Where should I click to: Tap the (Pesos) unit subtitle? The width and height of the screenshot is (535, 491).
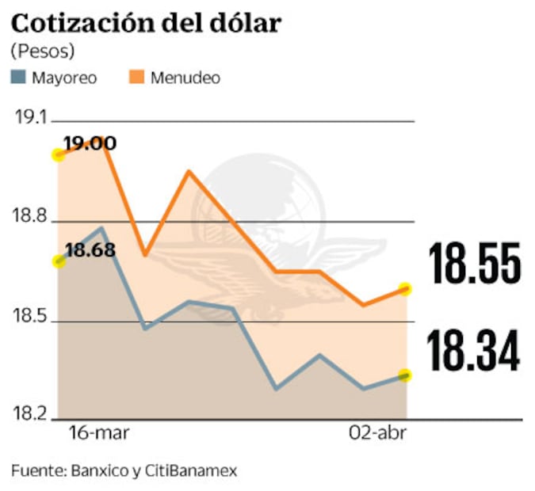pos(43,51)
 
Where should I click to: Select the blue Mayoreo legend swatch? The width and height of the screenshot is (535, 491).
pos(20,78)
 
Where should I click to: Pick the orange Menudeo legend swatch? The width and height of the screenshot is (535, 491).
pos(136,78)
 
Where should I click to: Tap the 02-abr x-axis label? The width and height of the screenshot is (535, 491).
pos(376,434)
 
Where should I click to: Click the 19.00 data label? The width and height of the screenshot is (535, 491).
pos(90,143)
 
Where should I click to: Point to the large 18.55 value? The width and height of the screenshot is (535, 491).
pos(474,265)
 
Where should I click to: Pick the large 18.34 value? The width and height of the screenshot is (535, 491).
pos(474,352)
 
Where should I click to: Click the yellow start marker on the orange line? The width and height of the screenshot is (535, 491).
pos(57,154)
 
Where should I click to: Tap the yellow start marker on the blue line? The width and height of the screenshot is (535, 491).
pos(57,261)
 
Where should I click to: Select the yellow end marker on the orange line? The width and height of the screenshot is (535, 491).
pos(406,288)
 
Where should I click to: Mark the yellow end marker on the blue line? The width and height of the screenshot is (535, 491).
pos(406,375)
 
